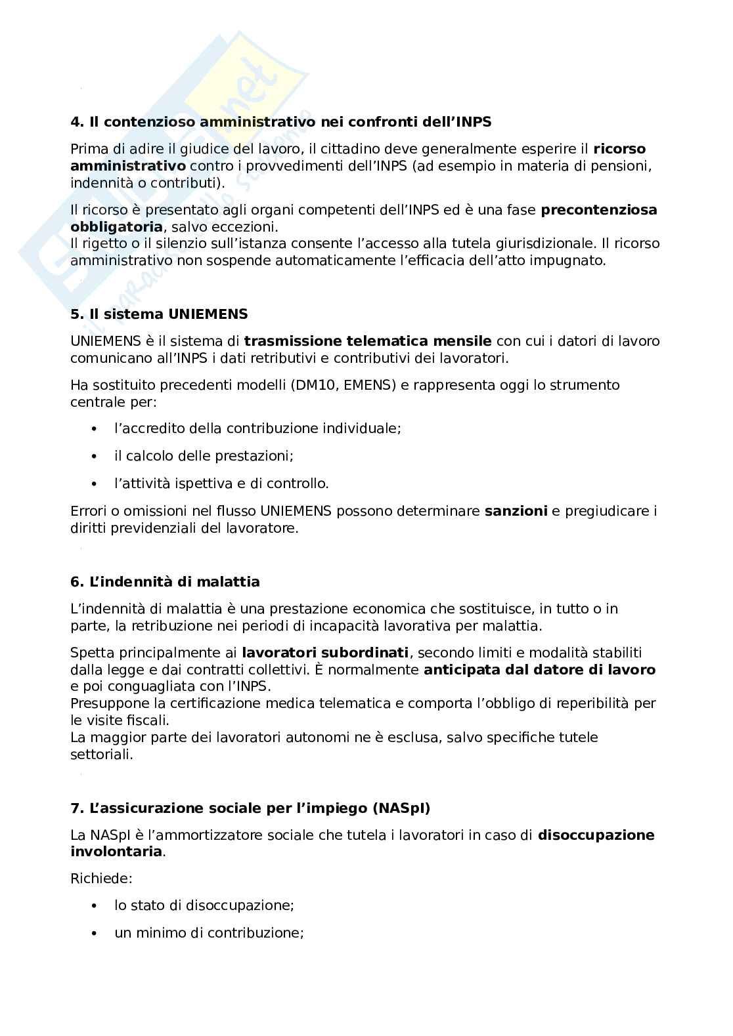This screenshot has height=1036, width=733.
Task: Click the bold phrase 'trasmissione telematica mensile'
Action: tap(367, 341)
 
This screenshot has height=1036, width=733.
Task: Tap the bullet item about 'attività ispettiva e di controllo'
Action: tap(221, 484)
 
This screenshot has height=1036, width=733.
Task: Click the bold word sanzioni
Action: tap(516, 511)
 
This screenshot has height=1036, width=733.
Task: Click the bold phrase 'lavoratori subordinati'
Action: tap(325, 653)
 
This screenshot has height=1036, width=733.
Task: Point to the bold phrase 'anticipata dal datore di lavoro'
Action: tap(539, 670)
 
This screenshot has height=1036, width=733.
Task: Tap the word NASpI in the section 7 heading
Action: tap(401, 808)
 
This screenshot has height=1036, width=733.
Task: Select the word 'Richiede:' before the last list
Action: tap(93, 878)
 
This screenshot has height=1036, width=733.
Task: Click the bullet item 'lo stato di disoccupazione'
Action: tap(204, 905)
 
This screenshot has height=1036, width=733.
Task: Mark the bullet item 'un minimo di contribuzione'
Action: tap(209, 933)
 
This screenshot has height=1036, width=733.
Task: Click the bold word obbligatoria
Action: tap(116, 227)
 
